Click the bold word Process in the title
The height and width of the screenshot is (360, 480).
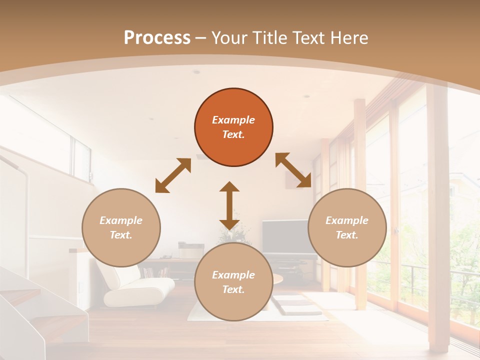click(x=157, y=38)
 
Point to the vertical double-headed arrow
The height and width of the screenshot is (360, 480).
click(x=229, y=205)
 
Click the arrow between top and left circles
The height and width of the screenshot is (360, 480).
click(x=173, y=175)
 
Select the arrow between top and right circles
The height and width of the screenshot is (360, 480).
click(x=293, y=170)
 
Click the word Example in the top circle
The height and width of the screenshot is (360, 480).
click(x=233, y=120)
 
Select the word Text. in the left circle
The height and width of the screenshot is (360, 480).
click(x=121, y=235)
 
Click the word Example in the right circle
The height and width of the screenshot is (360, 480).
click(x=347, y=220)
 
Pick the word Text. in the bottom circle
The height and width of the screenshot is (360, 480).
click(x=233, y=289)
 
